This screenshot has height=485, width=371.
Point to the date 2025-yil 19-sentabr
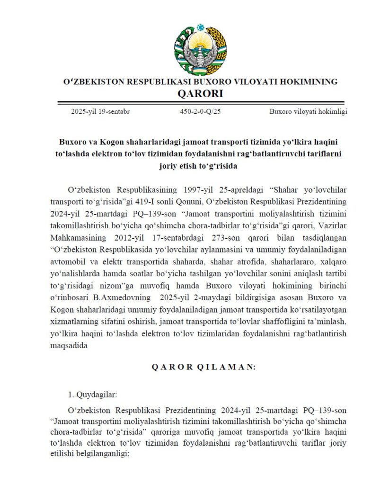click(x=101, y=112)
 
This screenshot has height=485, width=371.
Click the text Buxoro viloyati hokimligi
click(x=309, y=112)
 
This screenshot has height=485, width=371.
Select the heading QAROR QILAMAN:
click(x=203, y=367)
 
